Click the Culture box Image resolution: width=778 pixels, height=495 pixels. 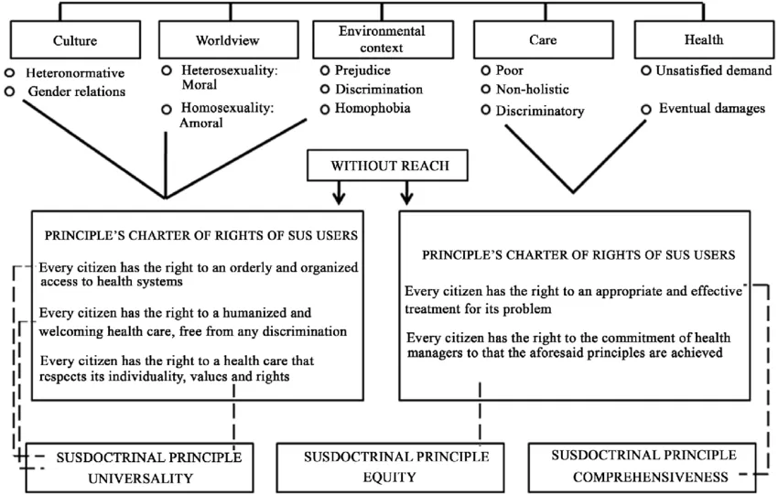(x=75, y=39)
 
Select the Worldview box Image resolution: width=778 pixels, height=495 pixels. (x=228, y=39)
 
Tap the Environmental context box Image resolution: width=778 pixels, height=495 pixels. (x=383, y=39)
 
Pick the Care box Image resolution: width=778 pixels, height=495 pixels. (x=544, y=39)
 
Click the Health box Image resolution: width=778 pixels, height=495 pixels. (x=704, y=39)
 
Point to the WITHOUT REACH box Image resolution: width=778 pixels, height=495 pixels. (x=387, y=166)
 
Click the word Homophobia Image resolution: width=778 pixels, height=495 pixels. (x=373, y=108)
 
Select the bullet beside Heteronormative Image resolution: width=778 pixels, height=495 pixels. (x=9, y=73)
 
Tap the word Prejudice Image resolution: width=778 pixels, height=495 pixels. (x=362, y=70)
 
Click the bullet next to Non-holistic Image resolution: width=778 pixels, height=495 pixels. (x=486, y=90)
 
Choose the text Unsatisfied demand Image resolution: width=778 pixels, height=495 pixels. (x=714, y=70)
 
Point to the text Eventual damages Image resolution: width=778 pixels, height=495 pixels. (x=712, y=108)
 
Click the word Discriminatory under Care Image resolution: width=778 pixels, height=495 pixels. (x=540, y=111)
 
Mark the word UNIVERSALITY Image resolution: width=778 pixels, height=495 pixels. (x=140, y=479)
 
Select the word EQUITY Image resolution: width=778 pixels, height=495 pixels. (x=390, y=477)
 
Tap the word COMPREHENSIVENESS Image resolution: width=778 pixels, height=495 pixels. (x=651, y=477)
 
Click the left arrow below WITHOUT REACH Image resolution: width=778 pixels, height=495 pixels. (x=339, y=192)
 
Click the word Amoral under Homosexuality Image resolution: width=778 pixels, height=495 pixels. (x=201, y=123)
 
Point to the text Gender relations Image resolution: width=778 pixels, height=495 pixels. (x=76, y=91)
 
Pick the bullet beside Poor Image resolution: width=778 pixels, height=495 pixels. (x=486, y=70)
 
